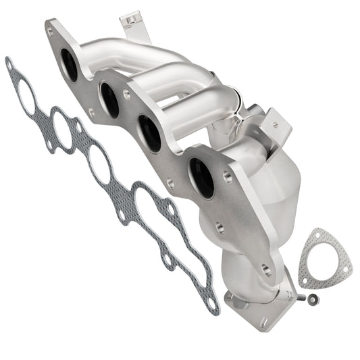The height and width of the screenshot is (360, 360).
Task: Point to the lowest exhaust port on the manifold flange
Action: coord(201,178)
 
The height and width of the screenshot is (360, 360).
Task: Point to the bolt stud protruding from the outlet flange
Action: coord(294,295)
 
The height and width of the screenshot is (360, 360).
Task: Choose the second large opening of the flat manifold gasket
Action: coord(62,130)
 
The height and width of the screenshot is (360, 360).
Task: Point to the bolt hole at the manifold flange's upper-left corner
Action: coord(50,31)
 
